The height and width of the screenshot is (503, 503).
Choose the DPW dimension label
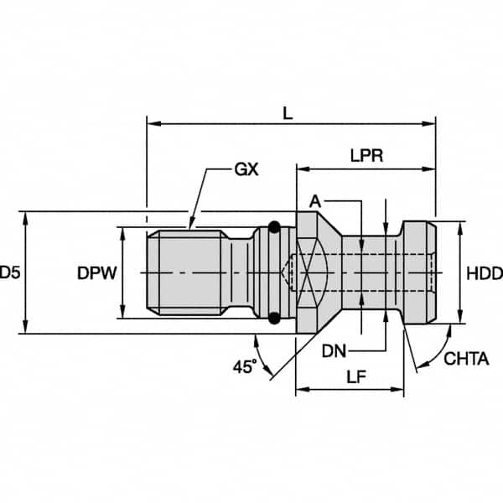pos(96,273)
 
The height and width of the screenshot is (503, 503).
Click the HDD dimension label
pos(484,273)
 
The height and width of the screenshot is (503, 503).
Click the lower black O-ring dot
pos(274,318)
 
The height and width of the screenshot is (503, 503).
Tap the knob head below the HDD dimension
pos(419,272)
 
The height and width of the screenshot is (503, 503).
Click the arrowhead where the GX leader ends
pos(191,226)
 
